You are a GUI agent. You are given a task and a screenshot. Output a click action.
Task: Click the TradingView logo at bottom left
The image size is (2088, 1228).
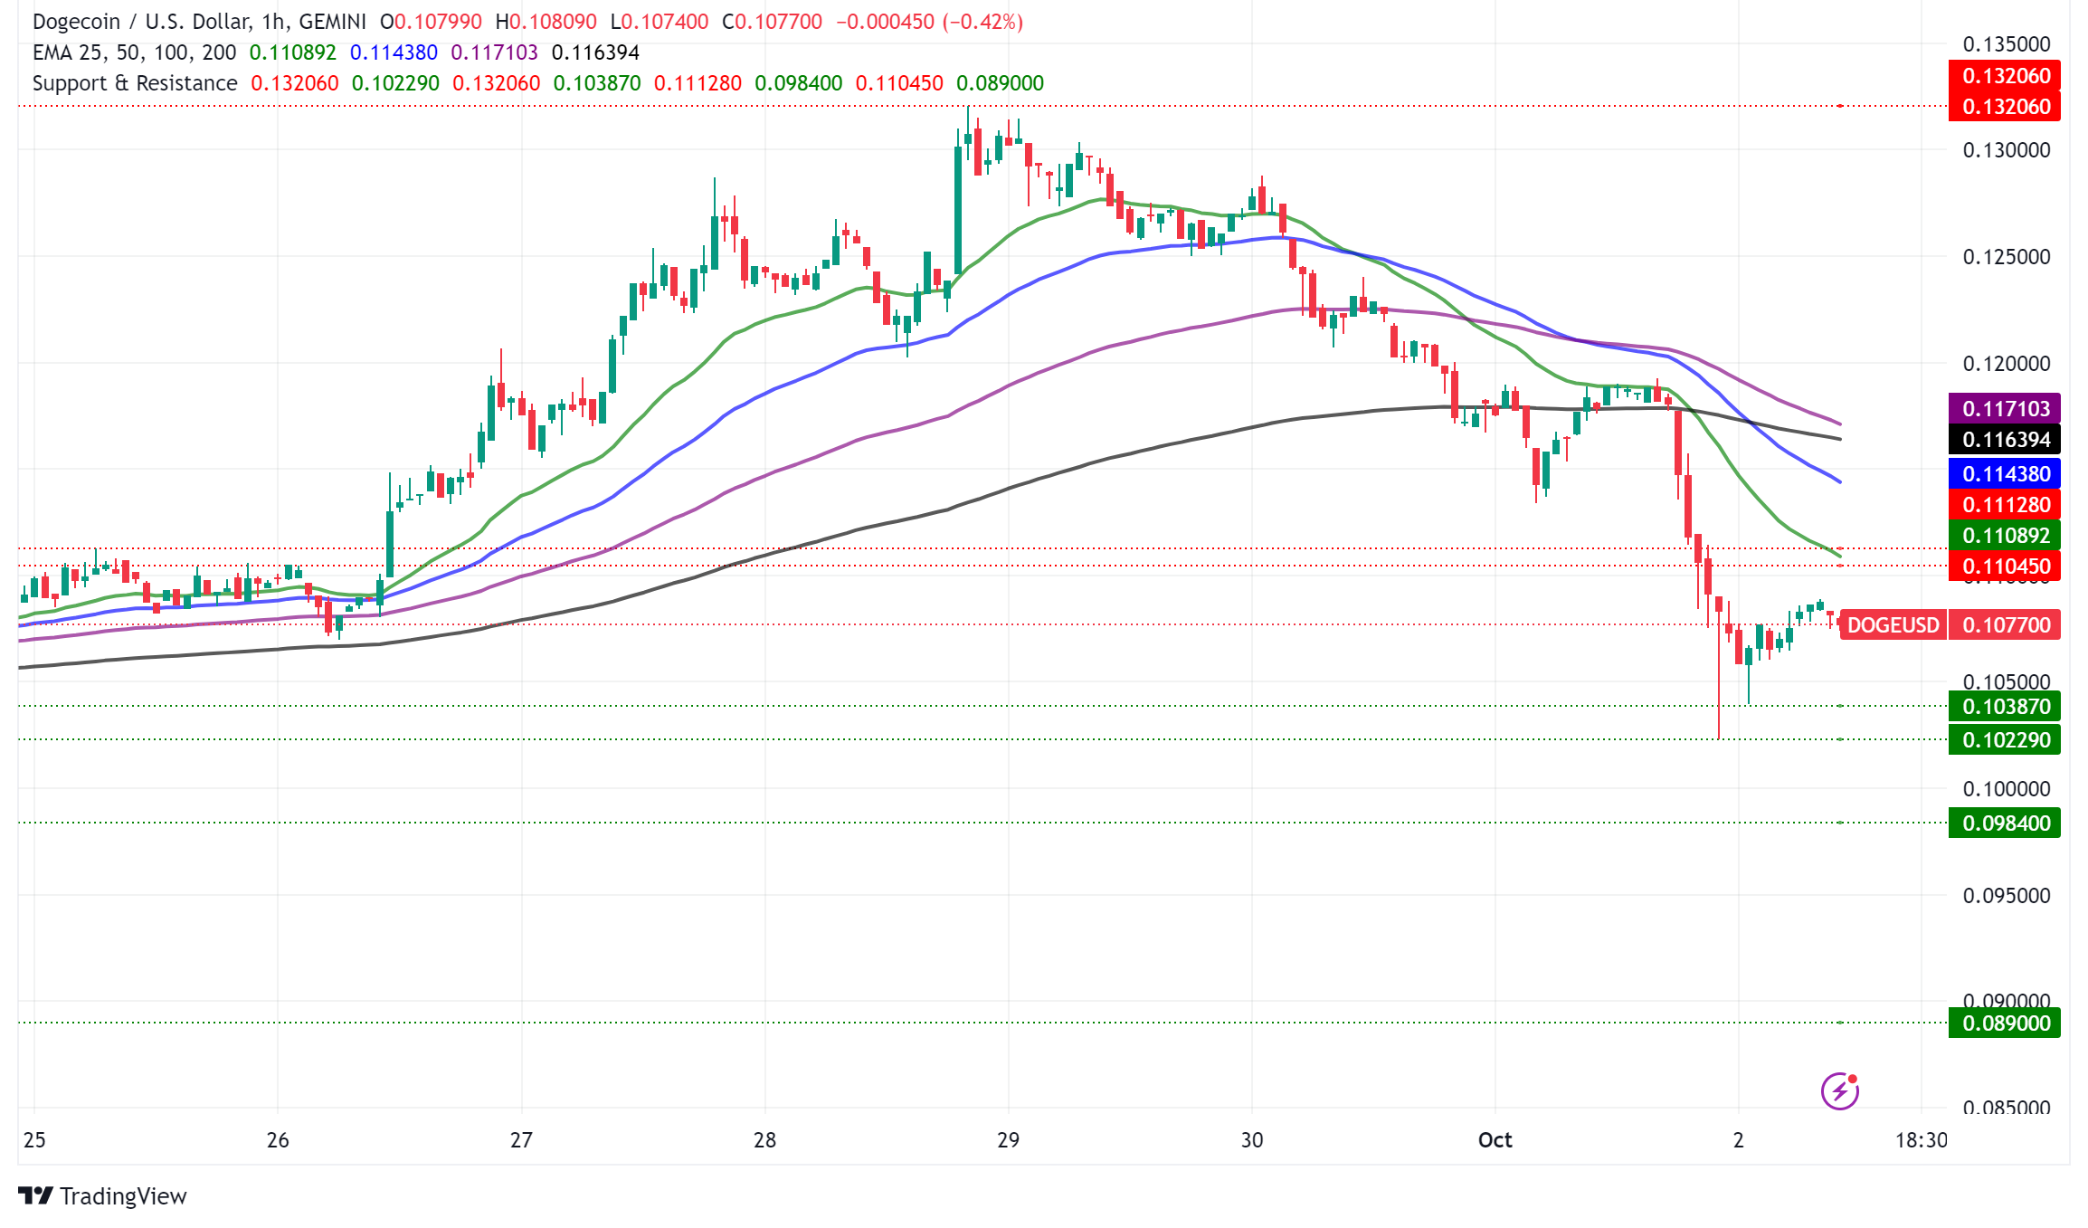tap(101, 1195)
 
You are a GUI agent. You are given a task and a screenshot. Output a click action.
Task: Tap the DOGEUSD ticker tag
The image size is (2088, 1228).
tap(1893, 624)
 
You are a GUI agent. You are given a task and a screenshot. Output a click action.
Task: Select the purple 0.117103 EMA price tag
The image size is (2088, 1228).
tap(2005, 408)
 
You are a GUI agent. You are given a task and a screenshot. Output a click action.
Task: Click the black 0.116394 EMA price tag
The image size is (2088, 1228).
tap(2005, 440)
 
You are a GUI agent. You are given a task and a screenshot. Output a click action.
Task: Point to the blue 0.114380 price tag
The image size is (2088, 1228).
tap(2005, 473)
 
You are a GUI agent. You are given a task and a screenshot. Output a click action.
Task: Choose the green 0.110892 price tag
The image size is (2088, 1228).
tap(2005, 535)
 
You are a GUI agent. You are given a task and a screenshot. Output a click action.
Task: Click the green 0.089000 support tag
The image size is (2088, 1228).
tap(2005, 1023)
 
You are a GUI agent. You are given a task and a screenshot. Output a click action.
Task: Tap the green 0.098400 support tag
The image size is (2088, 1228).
tap(2005, 823)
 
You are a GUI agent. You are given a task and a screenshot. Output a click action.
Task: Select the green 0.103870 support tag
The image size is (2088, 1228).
tap(2005, 706)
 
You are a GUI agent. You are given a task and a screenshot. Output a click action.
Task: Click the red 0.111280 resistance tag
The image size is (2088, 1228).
tap(2005, 504)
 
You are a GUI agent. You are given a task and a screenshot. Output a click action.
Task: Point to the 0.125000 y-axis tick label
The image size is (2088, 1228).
tap(2006, 257)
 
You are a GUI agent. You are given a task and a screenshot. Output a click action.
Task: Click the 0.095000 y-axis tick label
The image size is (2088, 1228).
tap(2006, 895)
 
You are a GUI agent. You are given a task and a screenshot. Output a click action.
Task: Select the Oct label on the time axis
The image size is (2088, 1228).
tap(1495, 1139)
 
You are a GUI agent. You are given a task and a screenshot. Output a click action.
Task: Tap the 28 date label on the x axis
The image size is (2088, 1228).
tap(764, 1139)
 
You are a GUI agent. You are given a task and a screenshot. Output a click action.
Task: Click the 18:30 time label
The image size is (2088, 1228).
tap(1921, 1139)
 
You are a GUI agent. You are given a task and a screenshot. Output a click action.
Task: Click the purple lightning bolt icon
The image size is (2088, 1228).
tap(1839, 1090)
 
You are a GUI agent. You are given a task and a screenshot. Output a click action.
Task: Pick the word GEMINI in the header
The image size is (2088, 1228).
tap(332, 22)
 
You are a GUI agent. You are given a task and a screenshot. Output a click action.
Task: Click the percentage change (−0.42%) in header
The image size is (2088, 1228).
tap(982, 22)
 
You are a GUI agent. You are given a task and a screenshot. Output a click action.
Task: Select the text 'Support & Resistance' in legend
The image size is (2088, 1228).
tap(135, 83)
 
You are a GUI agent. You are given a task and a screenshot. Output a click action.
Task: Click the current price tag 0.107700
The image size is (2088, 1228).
tap(2005, 624)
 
